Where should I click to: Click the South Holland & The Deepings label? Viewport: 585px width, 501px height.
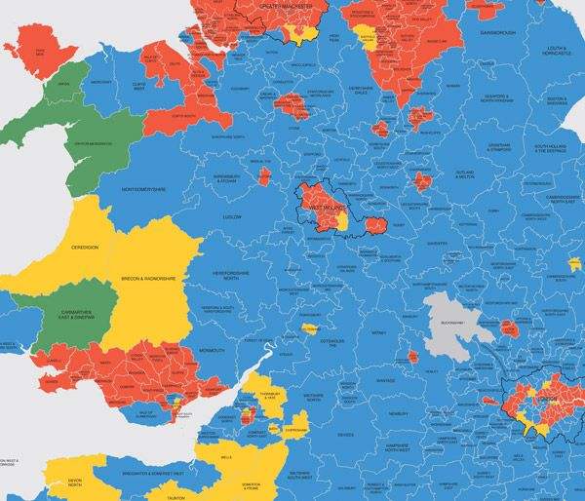[549, 149]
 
